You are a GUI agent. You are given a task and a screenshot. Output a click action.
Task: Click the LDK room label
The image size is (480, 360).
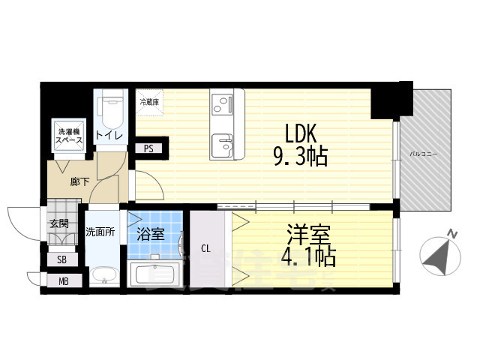[301, 133]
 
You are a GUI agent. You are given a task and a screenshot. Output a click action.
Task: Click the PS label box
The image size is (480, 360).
[148, 148]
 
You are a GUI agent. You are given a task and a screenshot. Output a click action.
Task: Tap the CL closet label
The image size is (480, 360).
[205, 248]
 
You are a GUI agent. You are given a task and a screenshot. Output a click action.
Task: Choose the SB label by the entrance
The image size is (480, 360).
[61, 259]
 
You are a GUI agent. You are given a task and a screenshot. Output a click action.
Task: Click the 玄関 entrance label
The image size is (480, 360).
[58, 223]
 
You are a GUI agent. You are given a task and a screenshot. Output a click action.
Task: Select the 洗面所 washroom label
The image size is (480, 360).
[100, 232]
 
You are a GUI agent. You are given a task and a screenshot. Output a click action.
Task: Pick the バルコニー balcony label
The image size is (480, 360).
[423, 154]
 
